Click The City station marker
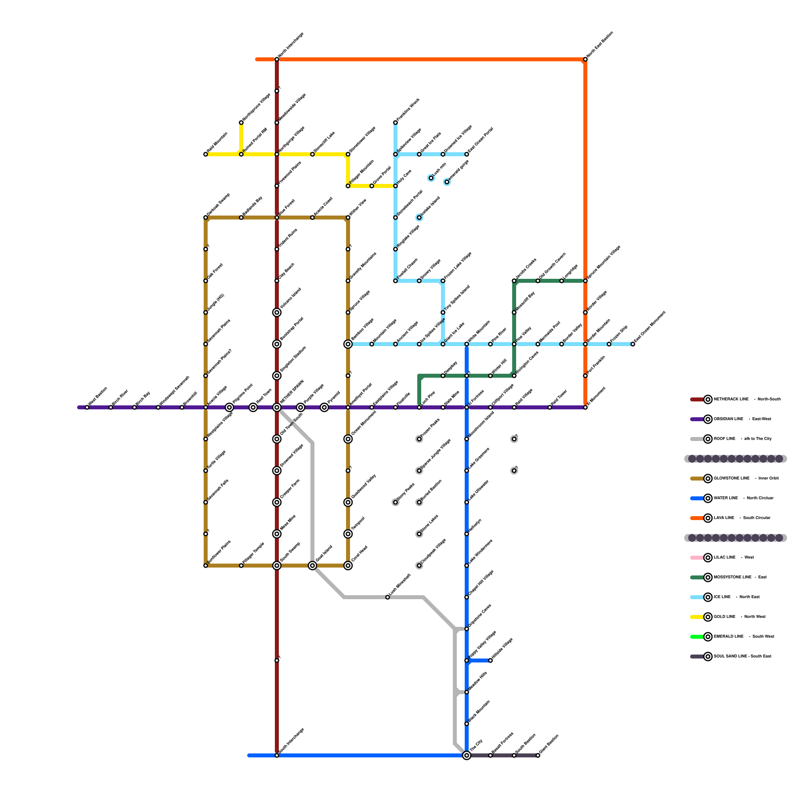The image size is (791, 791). pyautogui.click(x=467, y=755)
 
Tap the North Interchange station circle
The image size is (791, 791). pyautogui.click(x=277, y=59)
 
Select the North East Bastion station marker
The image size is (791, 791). pyautogui.click(x=585, y=59)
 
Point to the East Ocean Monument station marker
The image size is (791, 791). pyautogui.click(x=633, y=344)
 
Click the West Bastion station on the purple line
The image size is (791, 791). pyautogui.click(x=87, y=407)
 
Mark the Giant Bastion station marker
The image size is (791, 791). pyautogui.click(x=538, y=755)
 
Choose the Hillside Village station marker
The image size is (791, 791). pyautogui.click(x=490, y=660)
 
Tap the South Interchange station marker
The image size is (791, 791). pyautogui.click(x=277, y=755)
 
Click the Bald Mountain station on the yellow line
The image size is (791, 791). pyautogui.click(x=206, y=154)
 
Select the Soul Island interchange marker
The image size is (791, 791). pyautogui.click(x=312, y=566)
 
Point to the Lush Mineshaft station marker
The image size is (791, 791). pyautogui.click(x=388, y=597)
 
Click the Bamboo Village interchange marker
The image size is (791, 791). pyautogui.click(x=348, y=344)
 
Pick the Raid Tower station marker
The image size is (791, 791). pyautogui.click(x=550, y=407)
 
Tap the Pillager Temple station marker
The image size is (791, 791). pyautogui.click(x=241, y=566)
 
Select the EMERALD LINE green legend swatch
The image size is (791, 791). pyautogui.click(x=697, y=637)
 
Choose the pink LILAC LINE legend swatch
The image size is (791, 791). pyautogui.click(x=697, y=558)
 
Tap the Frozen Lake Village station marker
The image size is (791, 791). pyautogui.click(x=443, y=281)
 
